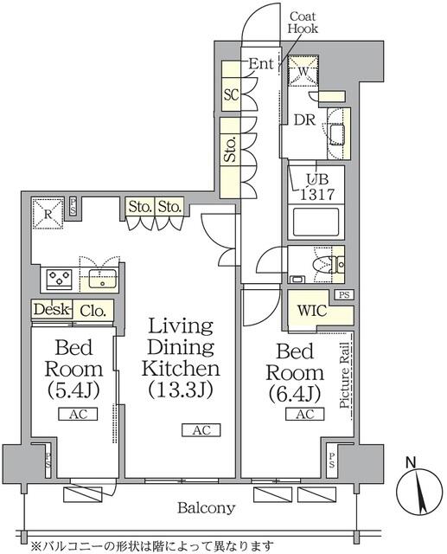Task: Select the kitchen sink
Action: (103, 279)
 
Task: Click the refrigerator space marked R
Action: (48, 214)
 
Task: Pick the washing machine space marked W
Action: (303, 71)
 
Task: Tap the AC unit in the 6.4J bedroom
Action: (305, 414)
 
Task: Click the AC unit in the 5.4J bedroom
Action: (78, 414)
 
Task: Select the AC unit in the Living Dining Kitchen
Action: (201, 430)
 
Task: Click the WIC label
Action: (312, 311)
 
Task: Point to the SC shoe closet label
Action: (232, 94)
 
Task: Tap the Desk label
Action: (52, 310)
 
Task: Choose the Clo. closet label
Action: (93, 311)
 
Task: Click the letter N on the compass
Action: (411, 463)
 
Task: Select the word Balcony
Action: (207, 508)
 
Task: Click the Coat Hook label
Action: (303, 23)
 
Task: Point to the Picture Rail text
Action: (345, 376)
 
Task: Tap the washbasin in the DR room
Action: (338, 134)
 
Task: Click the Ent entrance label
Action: (261, 64)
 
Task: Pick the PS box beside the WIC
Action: (344, 294)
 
